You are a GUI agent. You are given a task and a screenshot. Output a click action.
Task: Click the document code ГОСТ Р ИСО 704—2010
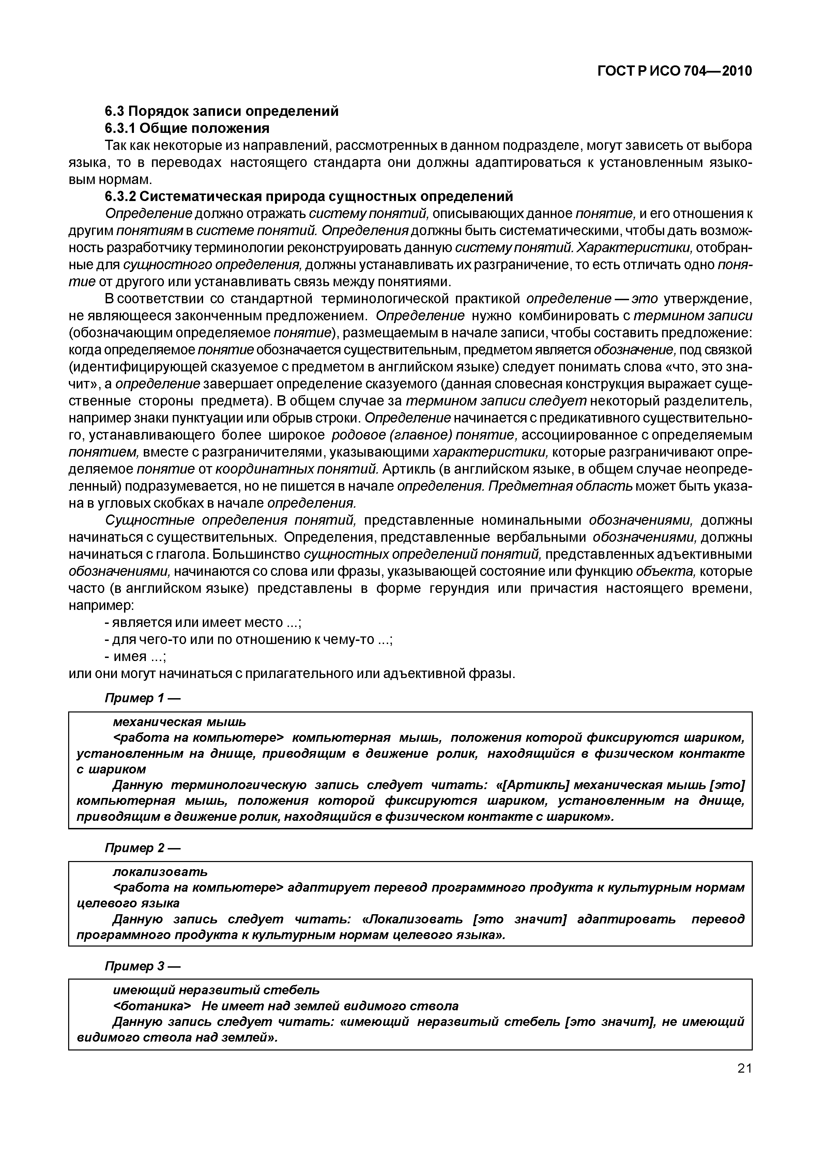674,71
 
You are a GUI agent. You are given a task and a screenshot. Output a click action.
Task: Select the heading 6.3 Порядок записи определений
221,111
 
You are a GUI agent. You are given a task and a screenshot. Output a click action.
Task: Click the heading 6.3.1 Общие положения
187,127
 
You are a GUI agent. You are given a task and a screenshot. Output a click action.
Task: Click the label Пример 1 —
142,698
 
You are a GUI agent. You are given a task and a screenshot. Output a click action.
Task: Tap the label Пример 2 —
142,848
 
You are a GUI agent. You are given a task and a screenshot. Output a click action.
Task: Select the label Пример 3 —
142,966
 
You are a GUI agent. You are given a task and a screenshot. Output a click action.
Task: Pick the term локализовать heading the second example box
159,871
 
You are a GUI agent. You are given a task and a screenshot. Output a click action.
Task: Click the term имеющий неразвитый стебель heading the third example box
215,989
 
